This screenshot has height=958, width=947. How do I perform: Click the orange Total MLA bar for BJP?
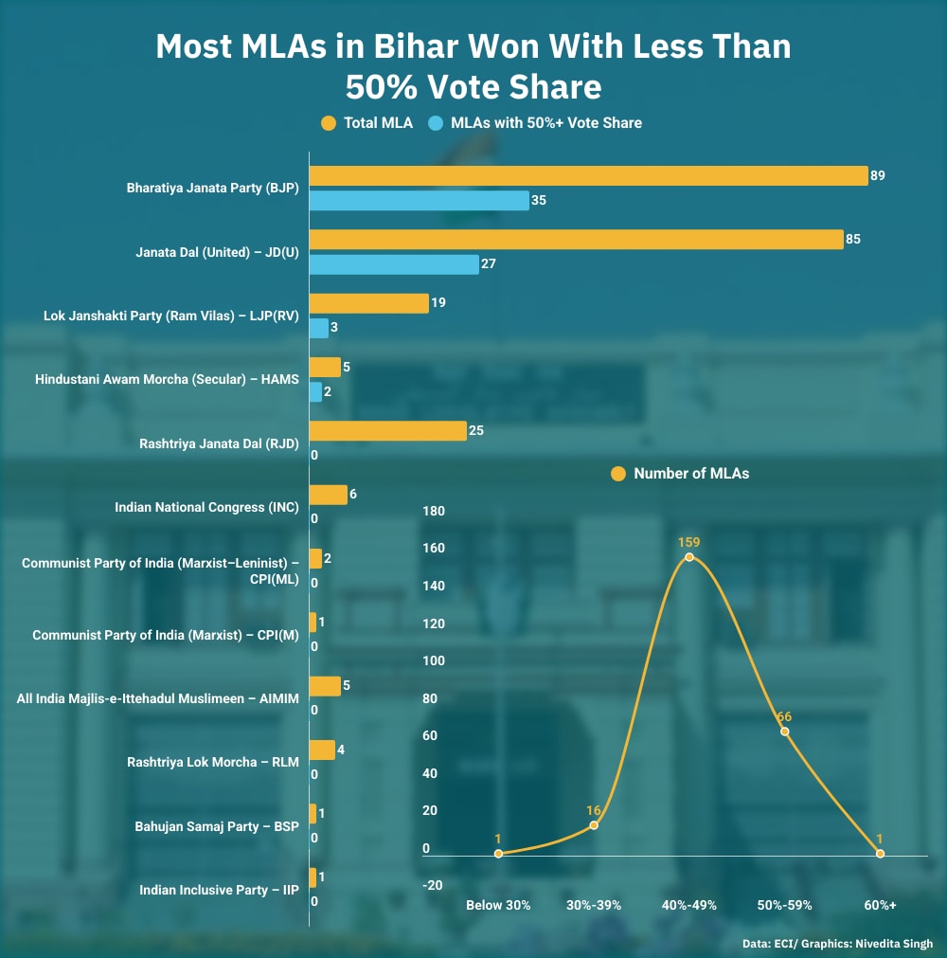click(x=588, y=175)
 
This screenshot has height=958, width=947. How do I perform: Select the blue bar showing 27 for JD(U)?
click(x=394, y=264)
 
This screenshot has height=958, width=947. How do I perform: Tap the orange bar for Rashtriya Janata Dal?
click(x=388, y=431)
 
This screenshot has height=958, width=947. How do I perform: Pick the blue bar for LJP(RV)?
click(x=319, y=328)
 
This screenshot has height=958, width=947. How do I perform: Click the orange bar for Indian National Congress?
click(x=328, y=495)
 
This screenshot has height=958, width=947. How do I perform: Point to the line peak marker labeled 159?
click(x=688, y=557)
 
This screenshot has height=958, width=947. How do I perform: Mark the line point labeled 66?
click(x=784, y=732)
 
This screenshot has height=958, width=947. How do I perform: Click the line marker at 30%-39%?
click(x=594, y=825)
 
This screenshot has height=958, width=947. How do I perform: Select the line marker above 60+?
click(x=880, y=854)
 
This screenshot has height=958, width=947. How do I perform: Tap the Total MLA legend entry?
click(x=366, y=122)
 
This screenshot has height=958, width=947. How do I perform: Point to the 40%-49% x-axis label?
click(x=688, y=905)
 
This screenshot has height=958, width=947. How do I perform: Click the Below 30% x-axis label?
click(x=498, y=905)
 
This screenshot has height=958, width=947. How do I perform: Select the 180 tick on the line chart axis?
click(x=433, y=512)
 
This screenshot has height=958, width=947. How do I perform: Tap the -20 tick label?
click(x=433, y=885)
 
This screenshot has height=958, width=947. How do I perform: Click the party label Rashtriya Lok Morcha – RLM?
click(x=213, y=762)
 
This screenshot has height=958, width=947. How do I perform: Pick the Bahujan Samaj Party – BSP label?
click(x=217, y=826)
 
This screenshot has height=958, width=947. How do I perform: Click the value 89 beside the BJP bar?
click(x=878, y=175)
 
